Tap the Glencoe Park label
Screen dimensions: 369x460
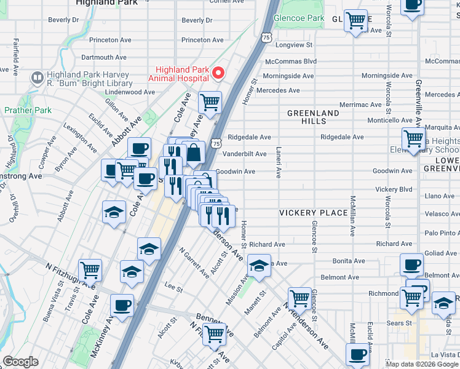[299, 18]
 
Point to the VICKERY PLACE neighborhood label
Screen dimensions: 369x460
[313, 213]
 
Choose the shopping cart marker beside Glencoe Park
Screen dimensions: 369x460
[355, 21]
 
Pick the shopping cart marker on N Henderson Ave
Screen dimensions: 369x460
[299, 298]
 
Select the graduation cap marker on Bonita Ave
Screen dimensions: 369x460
[259, 266]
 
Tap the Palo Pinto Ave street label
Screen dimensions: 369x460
[442, 233]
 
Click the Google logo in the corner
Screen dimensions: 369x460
[20, 362]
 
